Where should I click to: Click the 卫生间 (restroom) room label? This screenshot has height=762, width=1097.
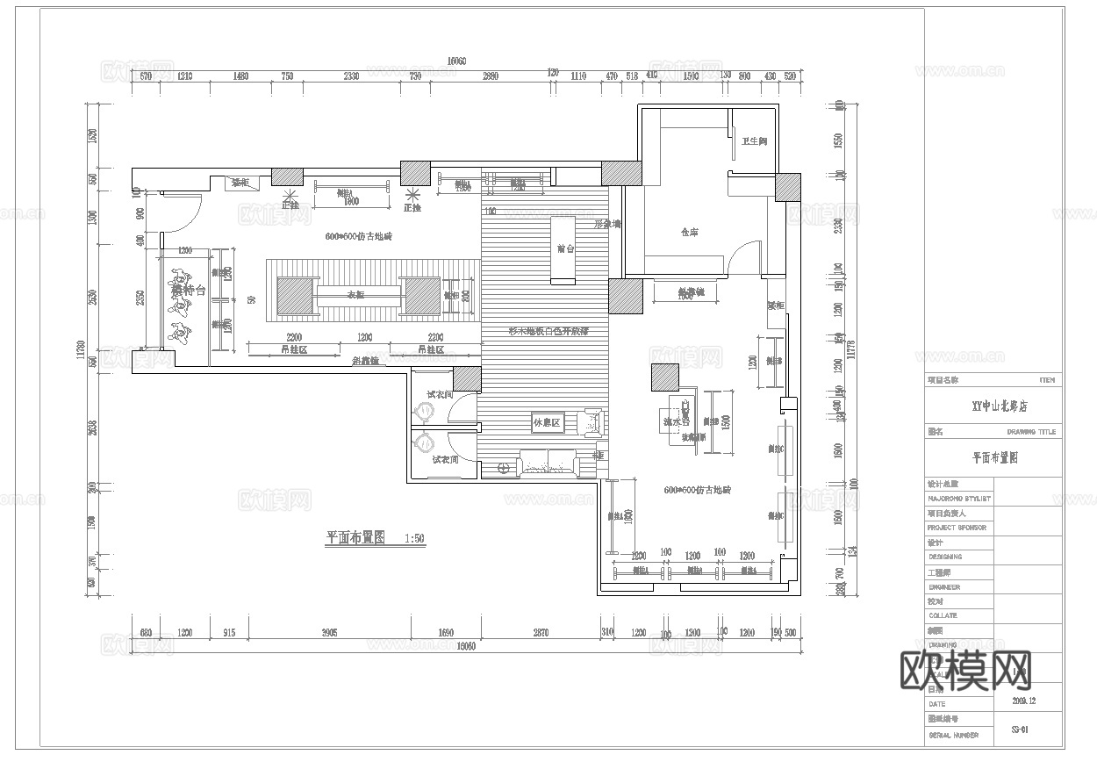(754, 141)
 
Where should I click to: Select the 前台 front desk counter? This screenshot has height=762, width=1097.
(563, 249)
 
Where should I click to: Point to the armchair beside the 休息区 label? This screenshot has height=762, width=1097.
(593, 422)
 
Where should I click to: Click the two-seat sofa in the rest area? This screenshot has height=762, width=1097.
(547, 462)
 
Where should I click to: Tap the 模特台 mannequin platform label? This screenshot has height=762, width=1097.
(189, 291)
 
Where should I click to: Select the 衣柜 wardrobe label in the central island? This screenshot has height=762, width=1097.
(355, 295)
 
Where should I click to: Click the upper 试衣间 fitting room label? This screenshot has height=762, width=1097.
(440, 395)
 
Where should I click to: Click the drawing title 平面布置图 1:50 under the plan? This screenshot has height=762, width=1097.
(375, 538)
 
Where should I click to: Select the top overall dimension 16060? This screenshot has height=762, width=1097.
(456, 61)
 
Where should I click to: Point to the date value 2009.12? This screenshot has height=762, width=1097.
(1023, 701)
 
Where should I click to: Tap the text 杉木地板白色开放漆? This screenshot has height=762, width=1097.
(548, 331)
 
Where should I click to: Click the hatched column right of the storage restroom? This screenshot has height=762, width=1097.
(787, 185)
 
